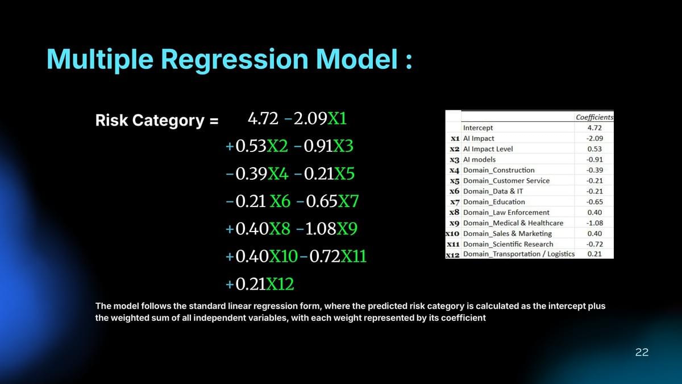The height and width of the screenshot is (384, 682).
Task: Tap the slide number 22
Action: tap(642, 352)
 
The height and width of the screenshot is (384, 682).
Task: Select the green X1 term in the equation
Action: tap(337, 118)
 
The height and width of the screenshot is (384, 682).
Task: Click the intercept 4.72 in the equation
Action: tap(263, 118)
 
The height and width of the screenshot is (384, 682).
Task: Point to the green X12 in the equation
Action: tap(280, 284)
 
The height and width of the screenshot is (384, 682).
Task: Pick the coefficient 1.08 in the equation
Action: tap(321, 229)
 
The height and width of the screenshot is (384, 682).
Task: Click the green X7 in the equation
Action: tap(348, 201)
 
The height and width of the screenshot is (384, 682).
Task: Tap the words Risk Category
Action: tap(150, 120)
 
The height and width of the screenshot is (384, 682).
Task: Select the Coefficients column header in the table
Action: tap(594, 117)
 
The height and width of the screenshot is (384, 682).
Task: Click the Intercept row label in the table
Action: tap(478, 127)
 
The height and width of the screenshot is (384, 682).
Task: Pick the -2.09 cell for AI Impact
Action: tap(594, 138)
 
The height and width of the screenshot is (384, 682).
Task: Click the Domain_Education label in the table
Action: tap(494, 202)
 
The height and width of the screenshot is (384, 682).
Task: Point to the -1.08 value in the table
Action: tap(594, 223)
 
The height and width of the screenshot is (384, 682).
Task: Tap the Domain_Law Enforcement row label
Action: tap(506, 212)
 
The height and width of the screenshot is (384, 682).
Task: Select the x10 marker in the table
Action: tap(452, 234)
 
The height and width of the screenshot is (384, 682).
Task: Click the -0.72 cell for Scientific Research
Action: tap(594, 244)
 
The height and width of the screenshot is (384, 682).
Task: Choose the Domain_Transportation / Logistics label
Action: tap(519, 254)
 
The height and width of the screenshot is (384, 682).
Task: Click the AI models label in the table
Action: tap(479, 159)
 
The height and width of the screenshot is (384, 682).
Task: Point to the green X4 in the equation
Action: tap(278, 174)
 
